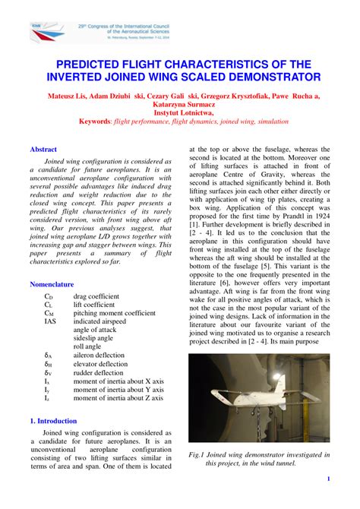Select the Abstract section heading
43,150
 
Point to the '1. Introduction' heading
53,420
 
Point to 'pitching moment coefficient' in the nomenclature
114,312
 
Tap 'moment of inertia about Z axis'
118,398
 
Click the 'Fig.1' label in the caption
200,454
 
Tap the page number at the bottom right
327,479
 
